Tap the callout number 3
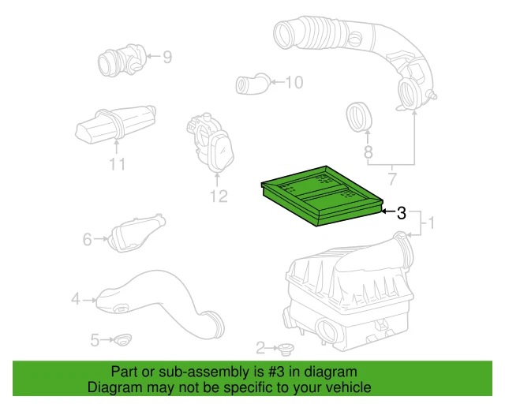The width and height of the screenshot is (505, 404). (x=402, y=212)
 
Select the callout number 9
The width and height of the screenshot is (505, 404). (x=167, y=56)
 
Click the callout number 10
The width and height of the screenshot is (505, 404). (x=294, y=81)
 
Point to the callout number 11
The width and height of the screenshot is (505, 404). (x=118, y=165)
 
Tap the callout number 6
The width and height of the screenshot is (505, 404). (x=88, y=238)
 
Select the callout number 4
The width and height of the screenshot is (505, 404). (x=76, y=299)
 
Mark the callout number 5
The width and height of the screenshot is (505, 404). (x=95, y=340)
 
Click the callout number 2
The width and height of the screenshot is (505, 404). (x=261, y=347)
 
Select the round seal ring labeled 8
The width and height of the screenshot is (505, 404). (x=361, y=118)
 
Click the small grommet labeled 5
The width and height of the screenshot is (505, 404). (x=122, y=341)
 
